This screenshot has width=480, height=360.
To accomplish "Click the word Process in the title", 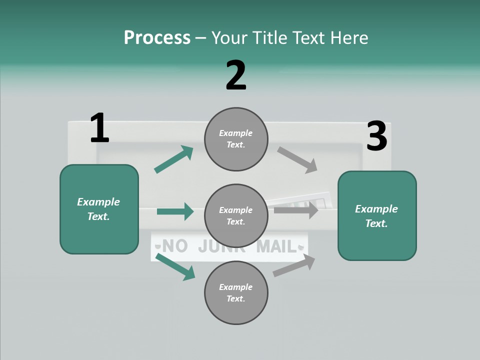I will tap(157, 38).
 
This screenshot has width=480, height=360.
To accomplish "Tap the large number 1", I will tap(99, 128).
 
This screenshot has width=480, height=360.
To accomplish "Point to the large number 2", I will tap(236, 75).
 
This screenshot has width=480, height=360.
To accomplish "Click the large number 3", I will tap(377, 136).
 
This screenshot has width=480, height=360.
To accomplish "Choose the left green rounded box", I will tap(99, 209).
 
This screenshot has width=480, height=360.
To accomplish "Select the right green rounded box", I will tap(377, 216).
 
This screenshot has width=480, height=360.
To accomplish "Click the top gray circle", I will tap(236, 139).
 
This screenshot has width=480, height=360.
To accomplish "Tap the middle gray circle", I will tap(236, 216).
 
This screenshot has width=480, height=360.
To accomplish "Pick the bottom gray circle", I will tap(236, 293).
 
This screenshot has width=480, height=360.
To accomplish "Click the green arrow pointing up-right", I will tap(173, 159).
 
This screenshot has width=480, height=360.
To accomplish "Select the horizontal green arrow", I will tap(175, 211).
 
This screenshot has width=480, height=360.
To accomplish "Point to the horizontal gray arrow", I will tap(296, 210).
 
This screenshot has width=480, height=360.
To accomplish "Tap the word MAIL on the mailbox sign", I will tap(276, 246).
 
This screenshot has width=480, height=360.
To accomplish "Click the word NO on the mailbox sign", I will tap(175, 246).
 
